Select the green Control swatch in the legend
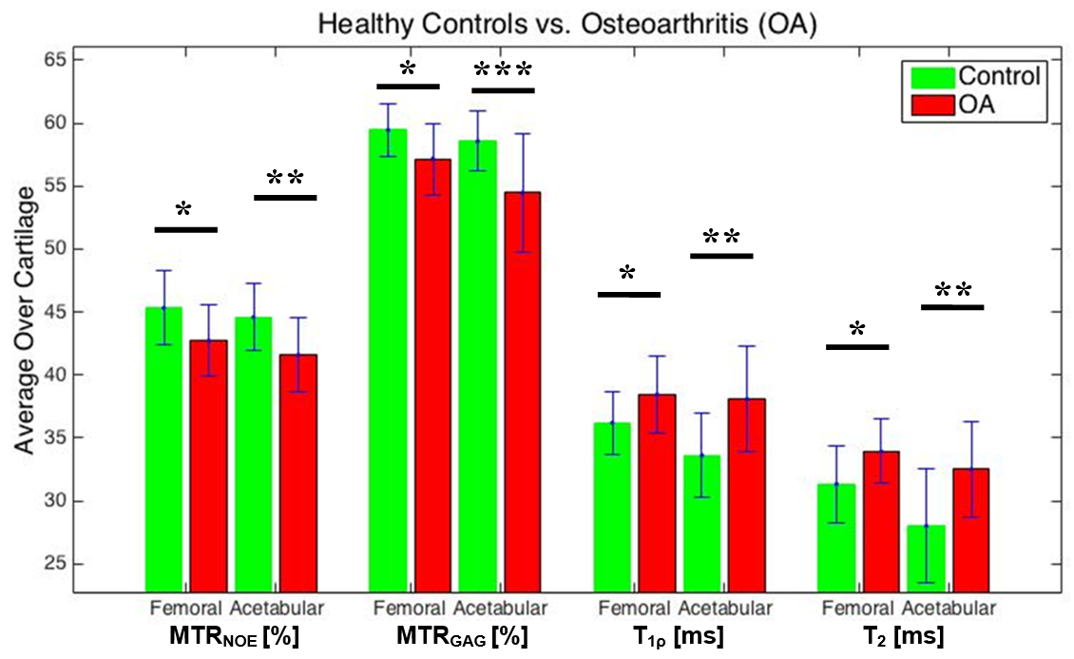[x=932, y=76]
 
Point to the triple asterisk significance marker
[x=503, y=71]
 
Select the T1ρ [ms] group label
[x=684, y=635]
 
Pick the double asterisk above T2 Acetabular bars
[x=952, y=291]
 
